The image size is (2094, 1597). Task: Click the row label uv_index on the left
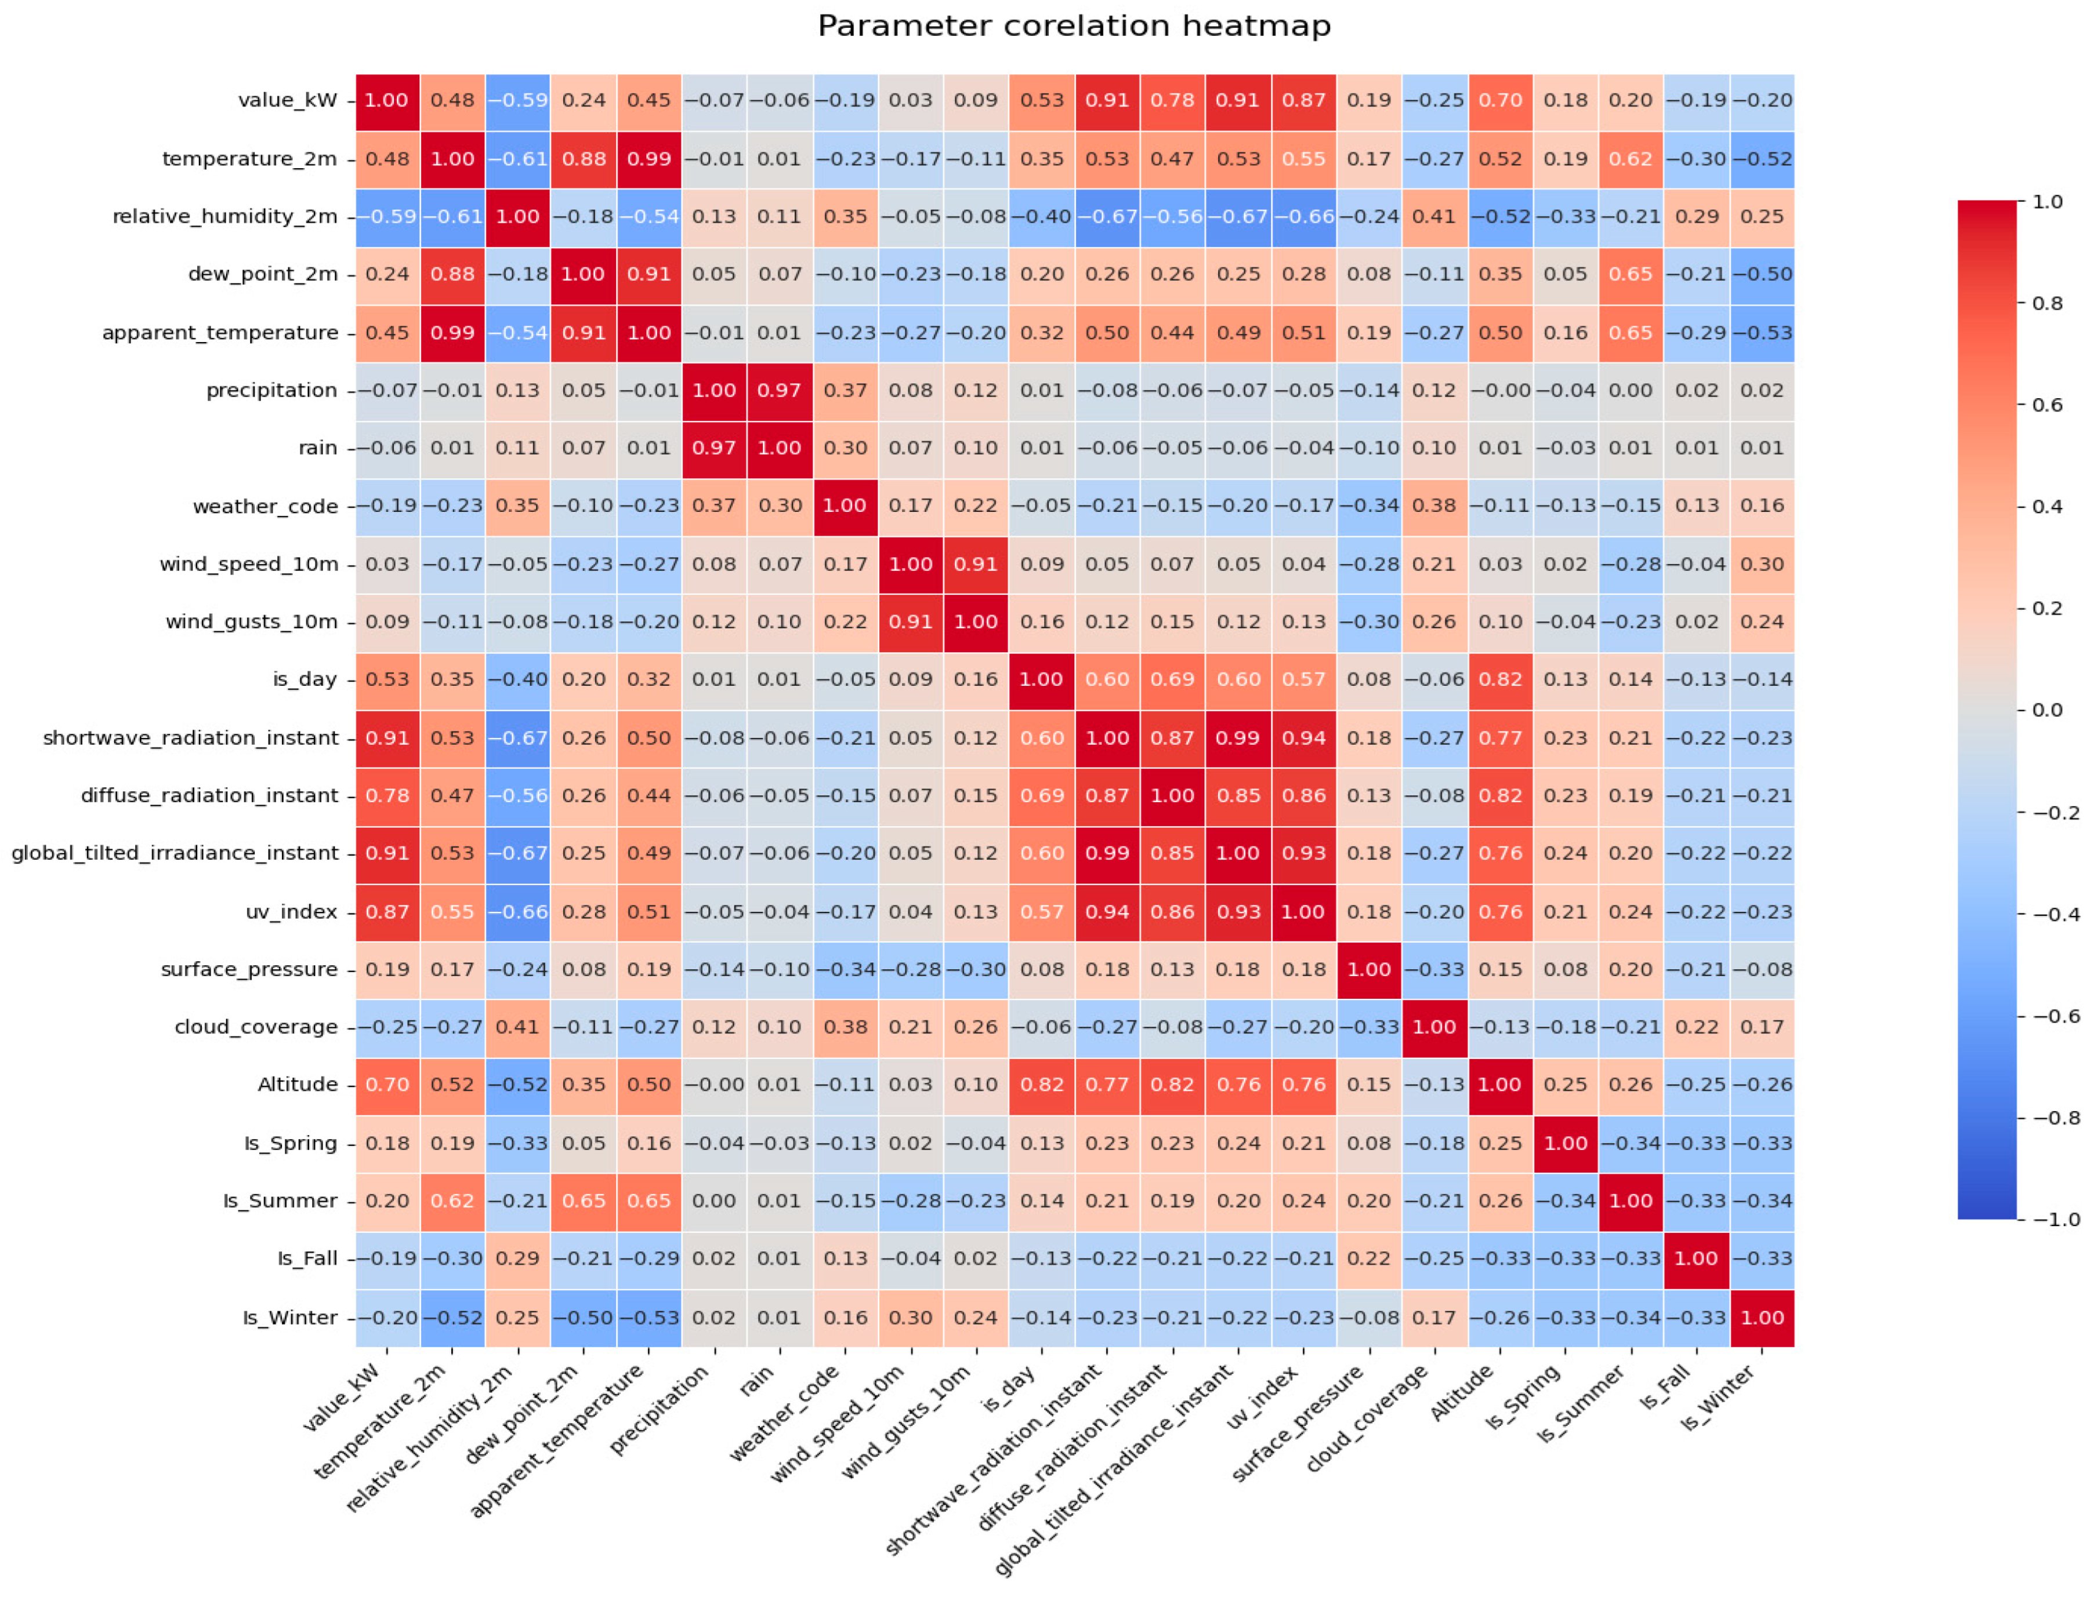click(x=291, y=912)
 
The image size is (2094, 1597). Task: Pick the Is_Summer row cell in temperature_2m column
click(x=452, y=1201)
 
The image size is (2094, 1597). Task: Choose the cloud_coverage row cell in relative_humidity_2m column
click(x=517, y=1027)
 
